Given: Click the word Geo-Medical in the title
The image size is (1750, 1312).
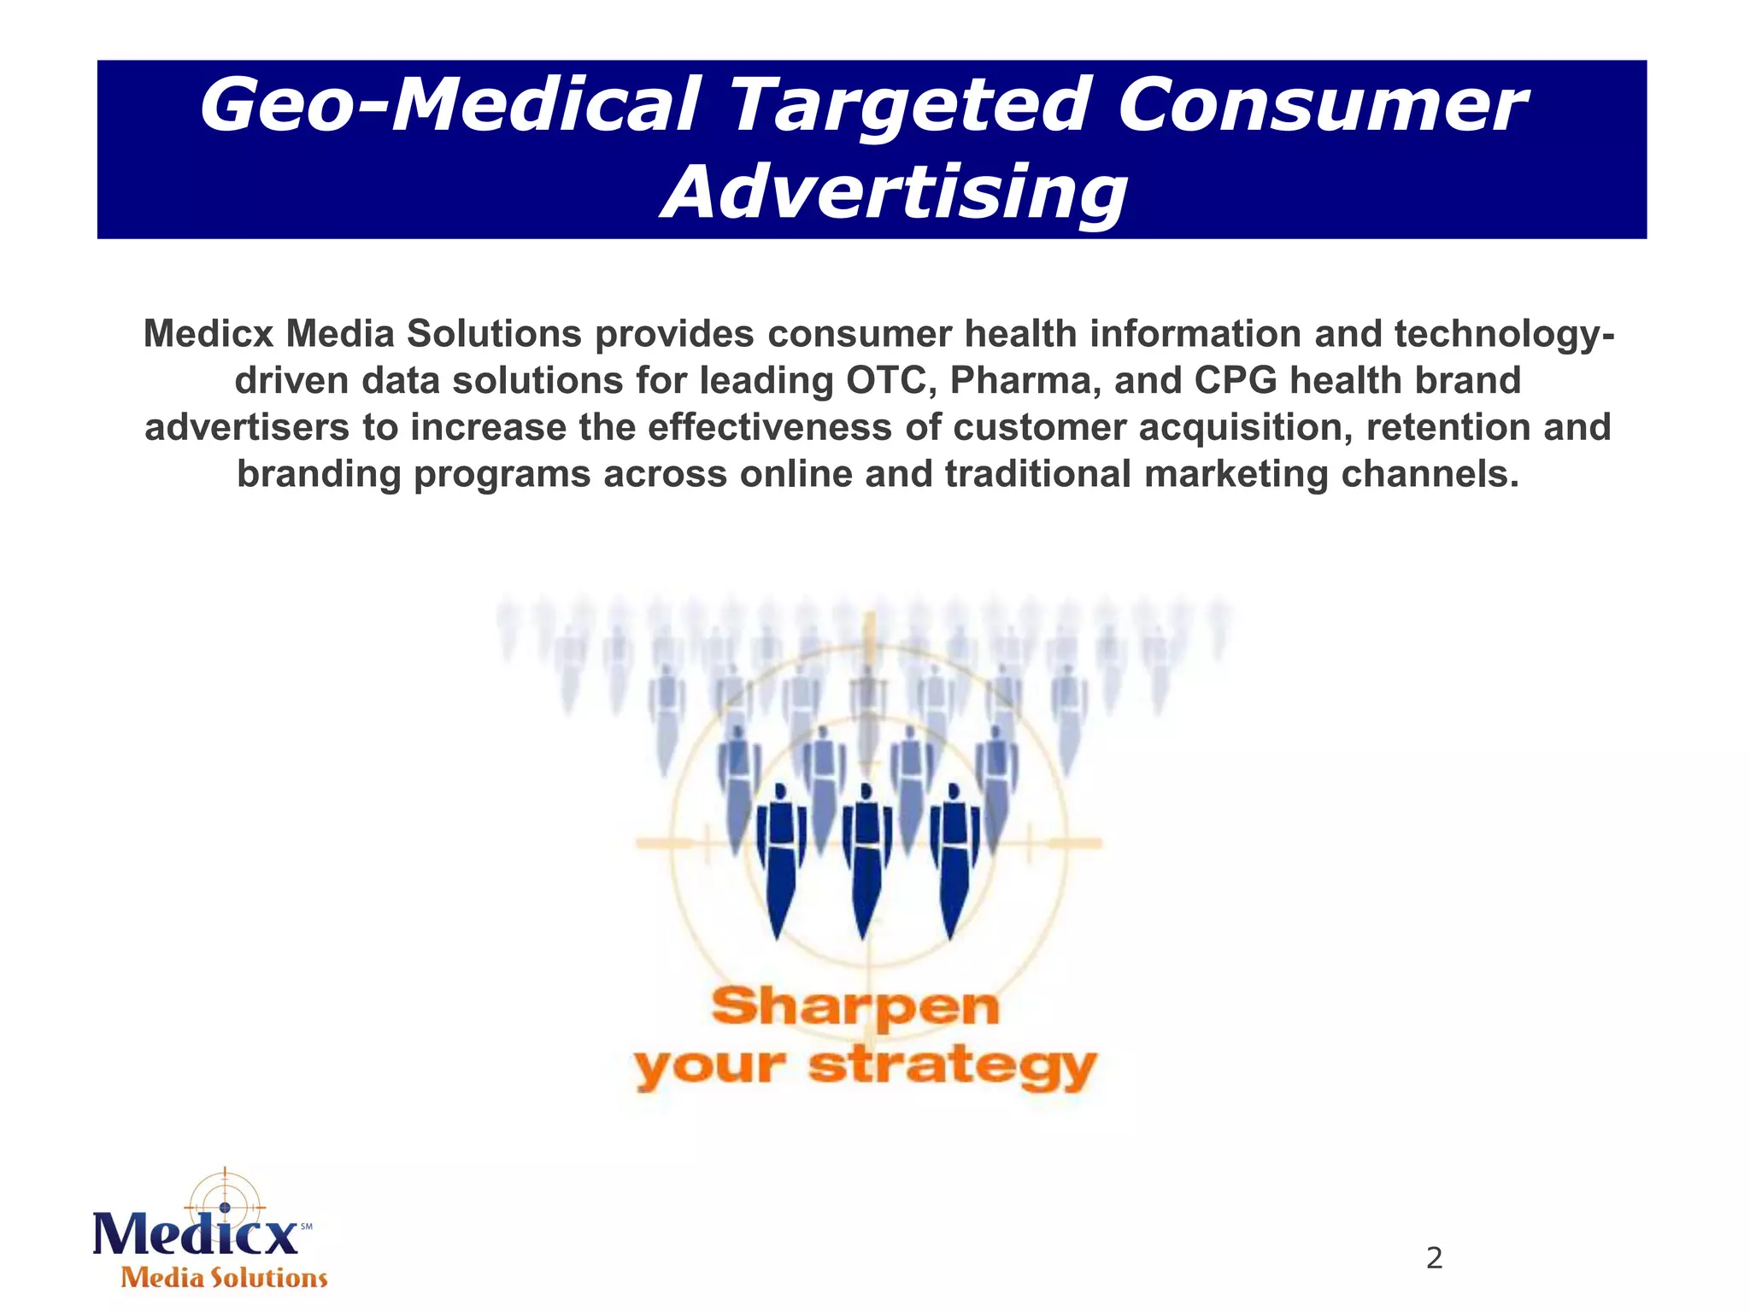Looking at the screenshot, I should pos(449,106).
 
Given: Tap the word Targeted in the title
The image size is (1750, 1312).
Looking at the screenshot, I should pos(909,106).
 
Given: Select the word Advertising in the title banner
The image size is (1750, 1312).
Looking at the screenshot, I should pos(894,193).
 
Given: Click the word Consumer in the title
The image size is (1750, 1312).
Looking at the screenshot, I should pos(1321,106).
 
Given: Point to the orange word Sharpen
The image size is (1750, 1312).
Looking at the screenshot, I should pos(855,1008).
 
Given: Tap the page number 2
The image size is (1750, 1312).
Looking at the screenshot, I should pos(1434,1258).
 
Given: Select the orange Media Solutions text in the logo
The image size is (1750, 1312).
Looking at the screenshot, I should pos(224,1278).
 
